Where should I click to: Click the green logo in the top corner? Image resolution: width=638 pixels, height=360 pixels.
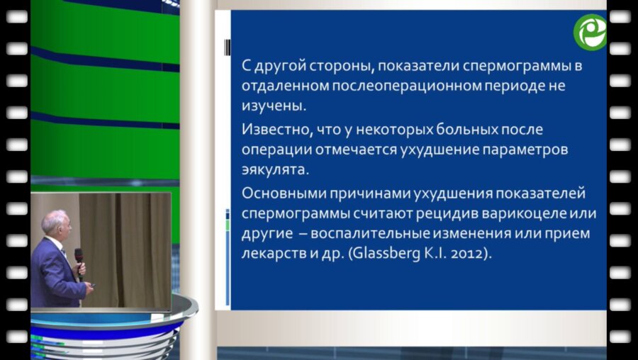590,32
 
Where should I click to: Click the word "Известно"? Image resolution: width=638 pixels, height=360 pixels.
272,132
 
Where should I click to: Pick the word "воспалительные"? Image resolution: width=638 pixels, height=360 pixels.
379,234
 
